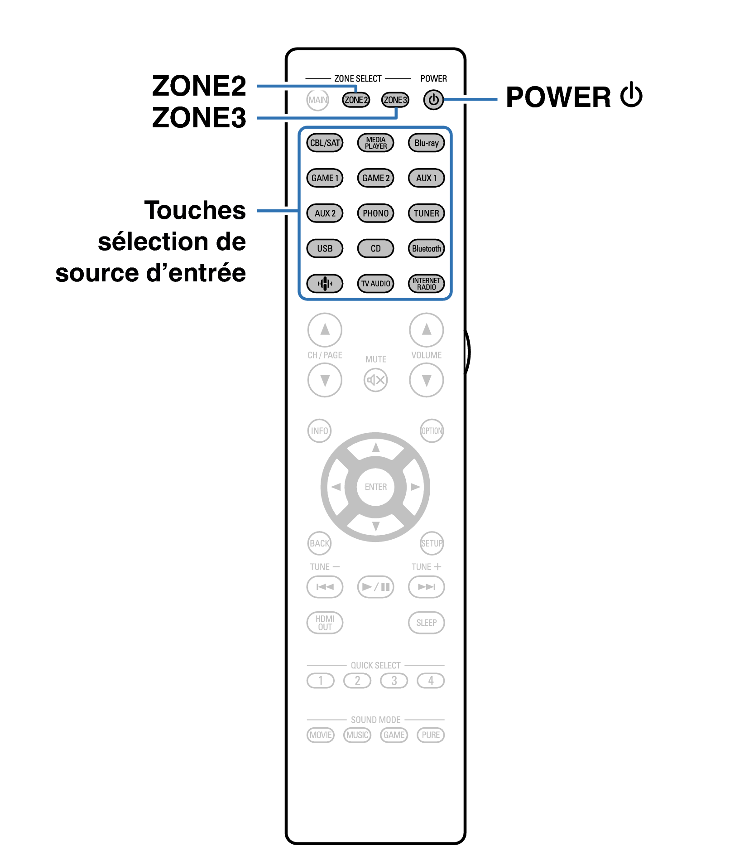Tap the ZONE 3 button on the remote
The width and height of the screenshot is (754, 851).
(395, 100)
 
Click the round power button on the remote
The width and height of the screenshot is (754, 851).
(433, 100)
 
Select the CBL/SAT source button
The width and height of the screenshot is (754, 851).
(325, 143)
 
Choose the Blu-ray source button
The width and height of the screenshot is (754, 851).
(426, 143)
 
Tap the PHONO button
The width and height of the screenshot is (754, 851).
(375, 213)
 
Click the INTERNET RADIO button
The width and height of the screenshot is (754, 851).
(426, 284)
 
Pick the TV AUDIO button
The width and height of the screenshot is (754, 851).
(375, 284)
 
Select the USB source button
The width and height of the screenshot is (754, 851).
(325, 248)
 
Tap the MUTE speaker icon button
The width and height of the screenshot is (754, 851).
(375, 380)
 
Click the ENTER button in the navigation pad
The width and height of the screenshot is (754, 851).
(375, 487)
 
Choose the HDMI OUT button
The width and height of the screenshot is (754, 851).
(325, 623)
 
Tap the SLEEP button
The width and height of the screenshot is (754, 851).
(426, 623)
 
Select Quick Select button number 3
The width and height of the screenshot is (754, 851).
(394, 681)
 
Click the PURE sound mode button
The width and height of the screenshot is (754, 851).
(431, 735)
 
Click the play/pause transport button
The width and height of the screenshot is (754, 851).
(375, 587)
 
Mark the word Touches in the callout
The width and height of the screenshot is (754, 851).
(195, 210)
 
